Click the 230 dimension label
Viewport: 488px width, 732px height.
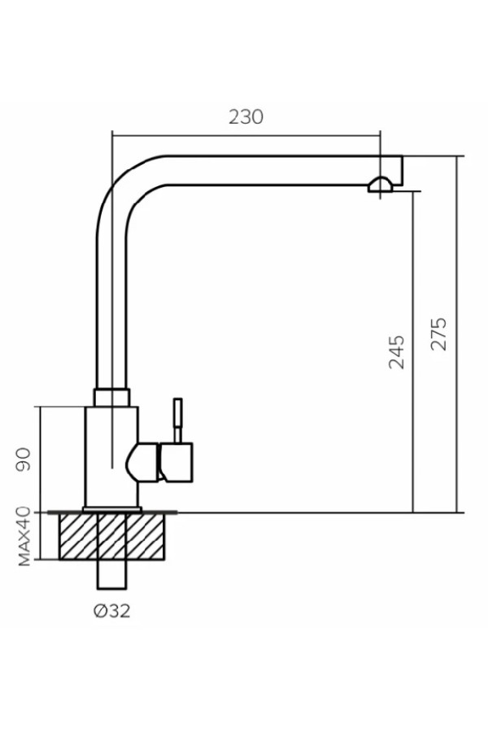pos(246,116)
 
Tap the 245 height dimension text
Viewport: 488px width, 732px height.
pos(397,352)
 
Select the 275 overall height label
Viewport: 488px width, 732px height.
pos(438,333)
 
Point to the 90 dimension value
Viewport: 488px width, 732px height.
pos(23,460)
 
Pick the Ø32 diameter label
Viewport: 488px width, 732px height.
pos(111,611)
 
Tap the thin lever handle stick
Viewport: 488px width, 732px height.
pos(177,420)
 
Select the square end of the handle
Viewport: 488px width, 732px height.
pos(176,462)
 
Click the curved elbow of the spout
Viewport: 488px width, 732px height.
pos(120,187)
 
